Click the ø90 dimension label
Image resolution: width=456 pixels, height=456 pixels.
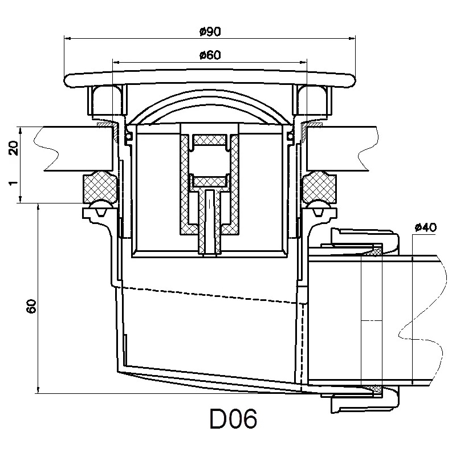pos(210,32)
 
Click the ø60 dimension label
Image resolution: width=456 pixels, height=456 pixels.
pos(210,55)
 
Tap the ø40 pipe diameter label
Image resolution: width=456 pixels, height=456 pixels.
pos(426,227)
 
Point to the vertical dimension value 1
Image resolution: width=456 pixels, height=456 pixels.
pos(14,183)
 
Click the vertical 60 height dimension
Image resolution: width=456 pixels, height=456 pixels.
pos(31,306)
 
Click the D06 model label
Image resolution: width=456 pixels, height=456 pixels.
pos(233,419)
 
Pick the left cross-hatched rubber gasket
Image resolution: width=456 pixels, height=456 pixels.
pos(101,188)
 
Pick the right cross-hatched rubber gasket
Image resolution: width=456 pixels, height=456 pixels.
pos(319,188)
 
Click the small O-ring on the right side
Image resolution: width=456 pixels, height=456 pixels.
pos(290,135)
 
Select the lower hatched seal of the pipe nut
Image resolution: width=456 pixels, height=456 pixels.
pos(374,389)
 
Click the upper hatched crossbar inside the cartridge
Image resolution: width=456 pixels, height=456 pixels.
pos(210,140)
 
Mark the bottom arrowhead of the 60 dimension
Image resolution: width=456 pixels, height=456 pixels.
pos(38,390)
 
